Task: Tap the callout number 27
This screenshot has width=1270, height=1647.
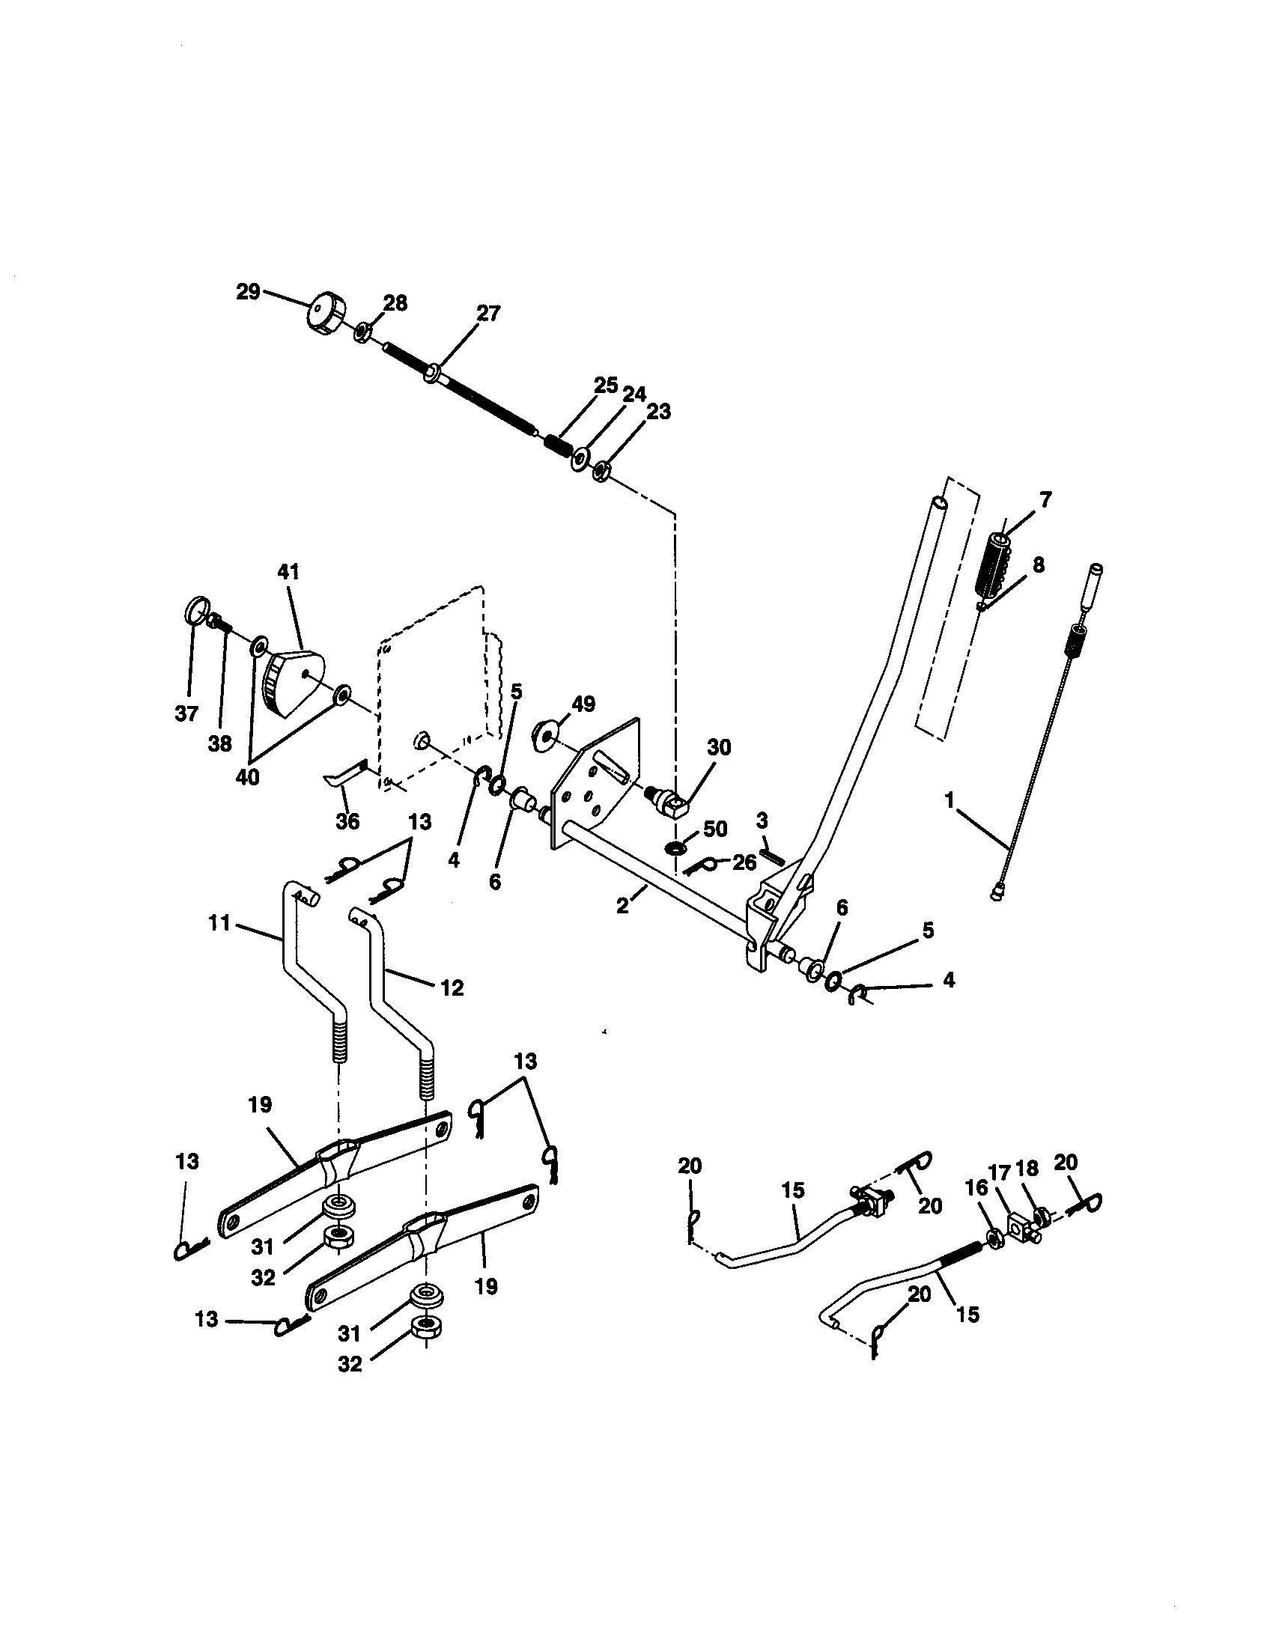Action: [x=488, y=314]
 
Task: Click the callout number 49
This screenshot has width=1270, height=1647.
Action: [x=583, y=704]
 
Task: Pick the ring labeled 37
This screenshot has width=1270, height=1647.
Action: [x=195, y=609]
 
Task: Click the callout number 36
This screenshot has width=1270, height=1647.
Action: [x=347, y=821]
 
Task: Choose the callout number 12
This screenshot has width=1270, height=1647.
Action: [x=452, y=987]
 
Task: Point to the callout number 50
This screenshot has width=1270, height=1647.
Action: [x=714, y=829]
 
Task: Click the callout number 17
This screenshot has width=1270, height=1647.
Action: [x=998, y=1194]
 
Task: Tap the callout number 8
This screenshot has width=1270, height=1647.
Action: [x=1039, y=564]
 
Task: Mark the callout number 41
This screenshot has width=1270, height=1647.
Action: [x=288, y=572]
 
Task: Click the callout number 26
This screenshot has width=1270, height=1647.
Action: [x=744, y=862]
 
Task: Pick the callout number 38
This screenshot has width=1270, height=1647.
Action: [x=220, y=743]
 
